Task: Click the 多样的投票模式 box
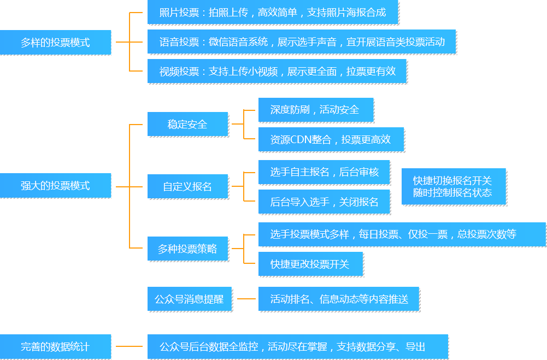pyautogui.click(x=55, y=42)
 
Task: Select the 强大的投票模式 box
pyautogui.click(x=55, y=186)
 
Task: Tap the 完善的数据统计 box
pyautogui.click(x=55, y=346)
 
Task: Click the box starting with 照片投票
pyautogui.click(x=273, y=13)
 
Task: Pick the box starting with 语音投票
pyautogui.click(x=301, y=42)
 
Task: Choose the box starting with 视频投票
pyautogui.click(x=277, y=71)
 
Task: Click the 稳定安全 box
pyautogui.click(x=187, y=124)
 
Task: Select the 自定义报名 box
pyautogui.click(x=187, y=186)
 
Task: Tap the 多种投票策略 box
pyautogui.click(x=187, y=249)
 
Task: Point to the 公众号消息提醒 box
pyautogui.click(x=189, y=299)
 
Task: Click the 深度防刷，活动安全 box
pyautogui.click(x=315, y=110)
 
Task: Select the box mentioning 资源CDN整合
pyautogui.click(x=331, y=139)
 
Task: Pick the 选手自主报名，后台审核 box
pyautogui.click(x=324, y=172)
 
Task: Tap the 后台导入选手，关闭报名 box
pyautogui.click(x=324, y=202)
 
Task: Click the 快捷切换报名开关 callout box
pyautogui.click(x=453, y=186)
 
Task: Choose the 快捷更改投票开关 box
pyautogui.click(x=310, y=264)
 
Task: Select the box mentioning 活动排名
pyautogui.click(x=339, y=299)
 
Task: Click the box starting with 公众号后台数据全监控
pyautogui.click(x=297, y=346)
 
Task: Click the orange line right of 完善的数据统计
pyautogui.click(x=129, y=346)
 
